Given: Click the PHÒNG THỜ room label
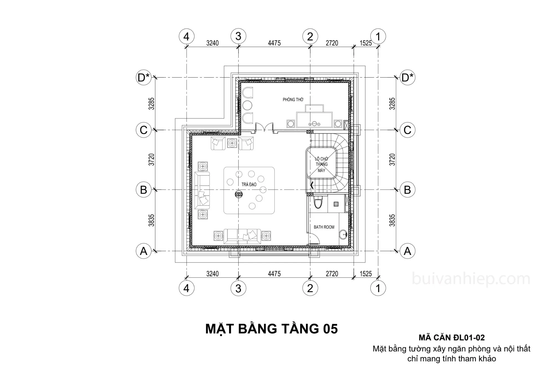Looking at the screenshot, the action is pos(293,99).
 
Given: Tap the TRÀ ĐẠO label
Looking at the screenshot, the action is pos(249,184).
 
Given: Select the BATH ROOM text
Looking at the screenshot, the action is pos(324,227).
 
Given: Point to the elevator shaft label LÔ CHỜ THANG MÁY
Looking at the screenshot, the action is pos(321,165).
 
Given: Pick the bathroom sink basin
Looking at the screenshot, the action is pos(343,234).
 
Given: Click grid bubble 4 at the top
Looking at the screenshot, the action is pos(186,36).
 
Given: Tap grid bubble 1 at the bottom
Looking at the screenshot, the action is pos(378,288).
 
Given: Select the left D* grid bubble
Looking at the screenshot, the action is pos(144,78).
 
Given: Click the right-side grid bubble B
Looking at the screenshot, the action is pos(407,190).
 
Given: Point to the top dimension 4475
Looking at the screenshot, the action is pos(274,43).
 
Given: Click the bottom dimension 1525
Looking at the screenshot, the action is pos(366,274).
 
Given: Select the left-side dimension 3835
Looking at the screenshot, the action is pos(151,220).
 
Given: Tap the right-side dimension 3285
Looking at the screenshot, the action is pos(392,104).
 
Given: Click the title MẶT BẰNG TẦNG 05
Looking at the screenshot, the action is pos(272,329).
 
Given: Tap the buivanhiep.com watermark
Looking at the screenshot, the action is pos(471,279).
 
